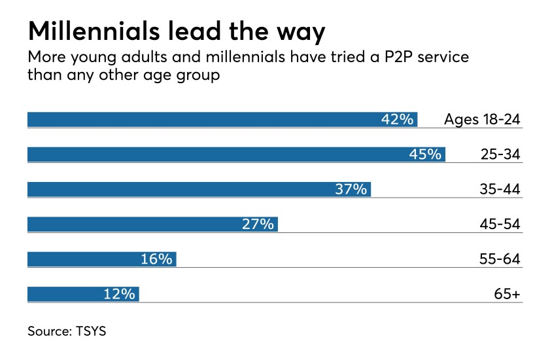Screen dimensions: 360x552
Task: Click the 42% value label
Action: [398, 119]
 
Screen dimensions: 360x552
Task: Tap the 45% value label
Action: [426, 154]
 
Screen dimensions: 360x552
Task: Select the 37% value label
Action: [351, 189]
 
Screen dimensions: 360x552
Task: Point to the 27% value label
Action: [258, 224]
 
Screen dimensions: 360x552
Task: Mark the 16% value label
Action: [156, 259]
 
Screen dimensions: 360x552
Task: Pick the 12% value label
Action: [119, 294]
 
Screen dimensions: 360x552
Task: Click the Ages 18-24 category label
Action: [482, 119]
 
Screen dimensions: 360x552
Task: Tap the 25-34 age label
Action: [499, 154]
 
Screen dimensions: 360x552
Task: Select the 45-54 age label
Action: [499, 224]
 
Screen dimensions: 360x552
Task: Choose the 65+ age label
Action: [507, 294]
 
